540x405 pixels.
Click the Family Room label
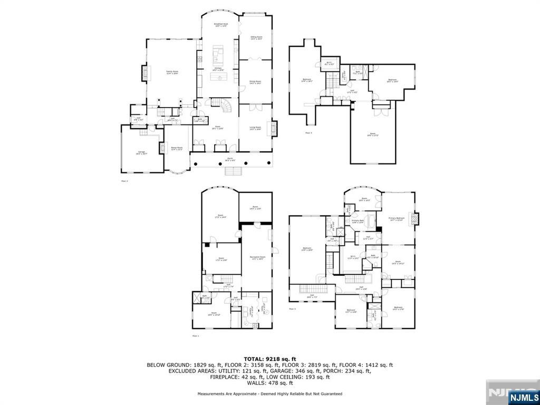point(172,72)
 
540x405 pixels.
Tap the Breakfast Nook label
point(220,25)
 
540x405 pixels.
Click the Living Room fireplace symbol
point(273,129)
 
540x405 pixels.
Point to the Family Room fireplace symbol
point(143,73)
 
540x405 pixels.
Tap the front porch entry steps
point(234,171)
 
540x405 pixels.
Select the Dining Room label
point(256,82)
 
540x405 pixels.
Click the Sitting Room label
point(256,37)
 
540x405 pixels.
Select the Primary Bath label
point(359,221)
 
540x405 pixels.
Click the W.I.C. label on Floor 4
point(329,63)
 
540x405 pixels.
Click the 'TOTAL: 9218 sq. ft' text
point(269,358)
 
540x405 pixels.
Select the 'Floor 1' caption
point(195,335)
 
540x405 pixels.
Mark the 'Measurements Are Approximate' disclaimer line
point(269,394)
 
